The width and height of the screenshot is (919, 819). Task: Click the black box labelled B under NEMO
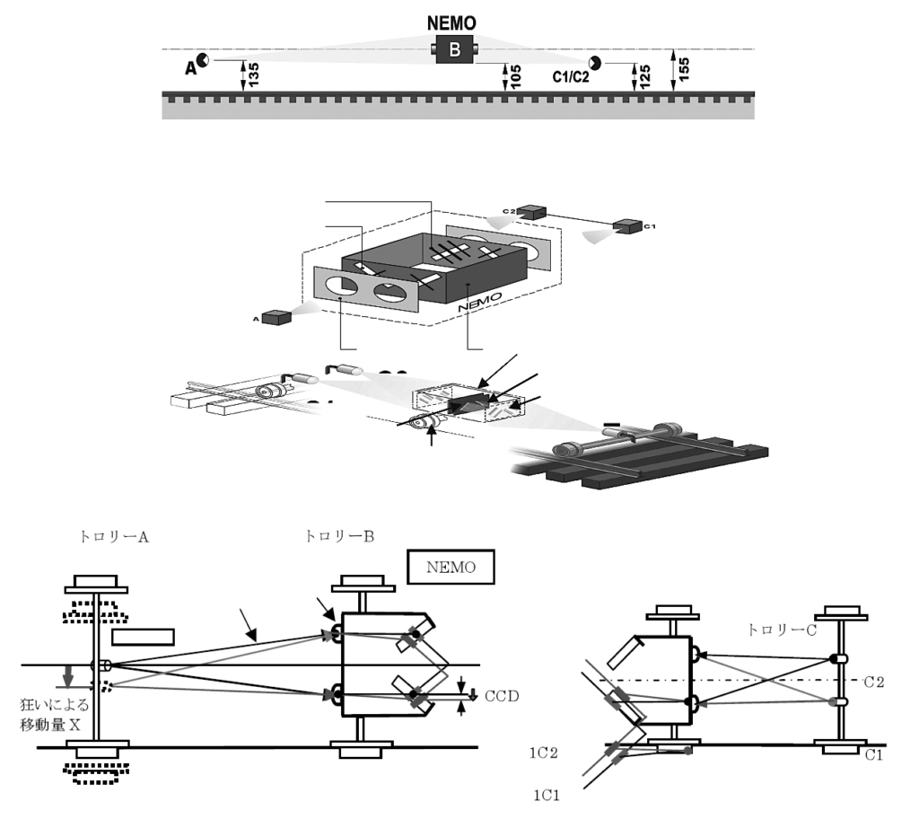click(454, 49)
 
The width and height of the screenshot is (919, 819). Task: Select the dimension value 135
click(254, 75)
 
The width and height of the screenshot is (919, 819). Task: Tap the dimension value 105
click(515, 77)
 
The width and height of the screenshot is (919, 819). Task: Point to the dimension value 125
click(644, 77)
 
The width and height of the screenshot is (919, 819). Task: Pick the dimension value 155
click(683, 69)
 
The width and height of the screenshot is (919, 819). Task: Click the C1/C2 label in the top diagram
click(571, 77)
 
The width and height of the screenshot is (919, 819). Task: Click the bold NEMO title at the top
click(451, 23)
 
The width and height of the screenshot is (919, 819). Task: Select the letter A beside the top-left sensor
click(190, 68)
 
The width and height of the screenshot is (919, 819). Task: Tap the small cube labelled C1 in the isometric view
click(627, 226)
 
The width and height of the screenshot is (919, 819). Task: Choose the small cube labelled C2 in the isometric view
click(531, 212)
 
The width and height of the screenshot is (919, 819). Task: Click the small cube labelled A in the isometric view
click(276, 317)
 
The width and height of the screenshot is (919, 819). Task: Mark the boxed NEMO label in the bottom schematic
click(451, 567)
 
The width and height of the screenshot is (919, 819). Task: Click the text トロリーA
click(114, 536)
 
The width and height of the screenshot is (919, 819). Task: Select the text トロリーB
click(339, 535)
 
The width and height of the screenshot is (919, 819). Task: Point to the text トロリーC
click(782, 630)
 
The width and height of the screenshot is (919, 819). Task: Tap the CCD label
click(502, 696)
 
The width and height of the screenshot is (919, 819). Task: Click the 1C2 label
click(543, 753)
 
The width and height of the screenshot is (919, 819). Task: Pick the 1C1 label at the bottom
click(547, 795)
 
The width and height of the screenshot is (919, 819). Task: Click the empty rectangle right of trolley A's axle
click(143, 637)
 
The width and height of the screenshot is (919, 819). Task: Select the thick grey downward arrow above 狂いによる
click(68, 676)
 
